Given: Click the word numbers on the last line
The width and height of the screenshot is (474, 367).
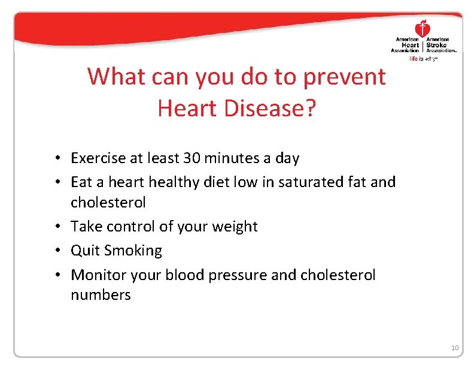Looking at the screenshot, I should (101, 294).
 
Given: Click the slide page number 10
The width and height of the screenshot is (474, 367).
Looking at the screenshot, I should (454, 348).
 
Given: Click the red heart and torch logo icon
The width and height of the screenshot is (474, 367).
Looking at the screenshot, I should (423, 28).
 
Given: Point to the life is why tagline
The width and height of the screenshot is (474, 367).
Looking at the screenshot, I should (423, 59).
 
